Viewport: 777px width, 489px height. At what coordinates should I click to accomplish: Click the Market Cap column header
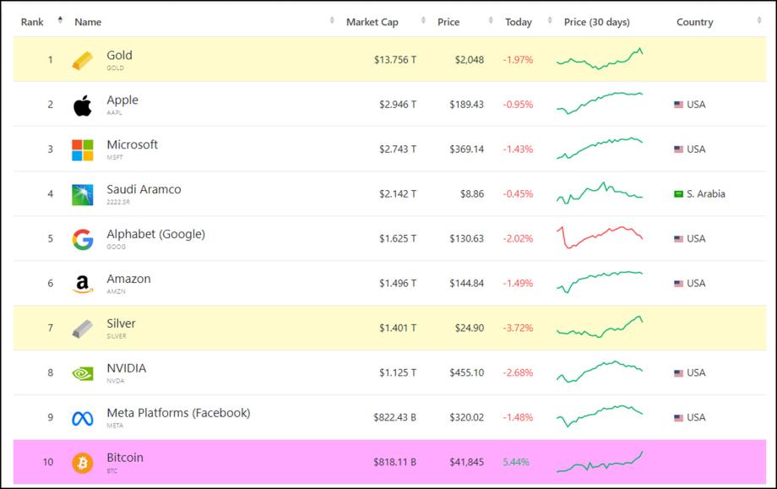(x=372, y=22)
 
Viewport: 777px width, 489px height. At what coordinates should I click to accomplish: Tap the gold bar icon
(x=83, y=61)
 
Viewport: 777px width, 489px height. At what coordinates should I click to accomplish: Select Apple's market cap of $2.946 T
(x=395, y=105)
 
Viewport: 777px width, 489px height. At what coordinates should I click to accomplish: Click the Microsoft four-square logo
(x=83, y=150)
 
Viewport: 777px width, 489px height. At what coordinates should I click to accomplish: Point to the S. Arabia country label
(x=705, y=194)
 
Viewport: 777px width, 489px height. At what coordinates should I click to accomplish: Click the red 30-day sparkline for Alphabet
(x=600, y=236)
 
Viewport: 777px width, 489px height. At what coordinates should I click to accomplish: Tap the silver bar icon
(x=83, y=329)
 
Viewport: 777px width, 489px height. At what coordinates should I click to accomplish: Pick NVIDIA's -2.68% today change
(x=518, y=373)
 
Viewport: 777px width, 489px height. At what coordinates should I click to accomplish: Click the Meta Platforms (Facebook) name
(x=178, y=413)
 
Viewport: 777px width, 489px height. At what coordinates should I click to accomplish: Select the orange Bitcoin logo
(x=83, y=463)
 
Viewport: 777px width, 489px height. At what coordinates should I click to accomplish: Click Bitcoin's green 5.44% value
(x=517, y=463)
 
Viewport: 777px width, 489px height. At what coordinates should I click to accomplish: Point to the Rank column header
(x=32, y=22)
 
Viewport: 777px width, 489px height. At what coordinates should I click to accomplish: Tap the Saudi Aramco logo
(x=83, y=195)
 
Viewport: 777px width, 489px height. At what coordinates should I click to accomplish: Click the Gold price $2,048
(x=468, y=60)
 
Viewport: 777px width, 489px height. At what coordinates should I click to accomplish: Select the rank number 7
(x=50, y=329)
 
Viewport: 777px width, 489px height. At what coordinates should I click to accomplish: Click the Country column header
(x=694, y=22)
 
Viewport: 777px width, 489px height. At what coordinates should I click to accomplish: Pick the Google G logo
(x=83, y=240)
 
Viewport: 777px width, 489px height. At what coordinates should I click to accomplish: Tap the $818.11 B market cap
(x=394, y=463)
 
